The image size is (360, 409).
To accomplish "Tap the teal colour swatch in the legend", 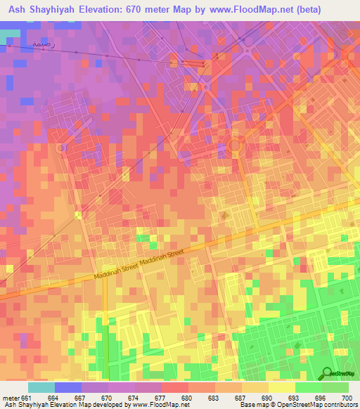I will (x=41, y=387).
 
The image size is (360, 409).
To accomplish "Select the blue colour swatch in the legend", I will (x=67, y=387).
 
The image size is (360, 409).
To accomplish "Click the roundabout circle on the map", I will (x=235, y=145).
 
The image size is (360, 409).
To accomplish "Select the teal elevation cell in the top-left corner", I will (x=8, y=35).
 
